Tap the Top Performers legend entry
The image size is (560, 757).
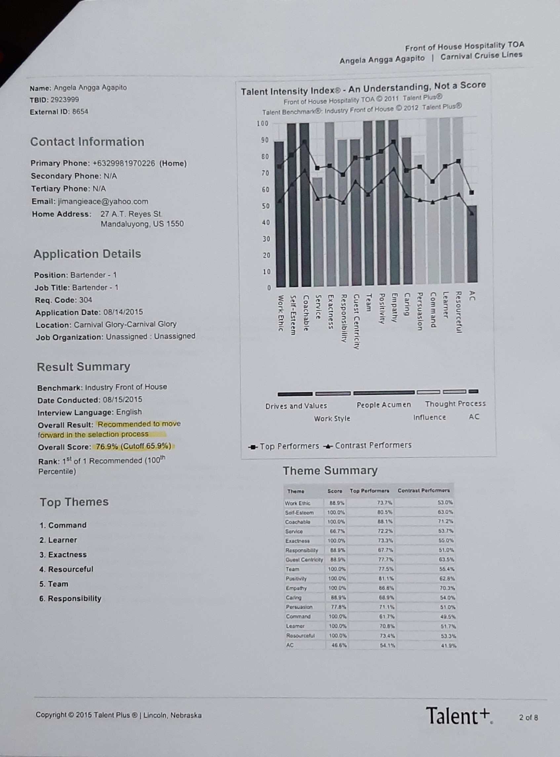284,446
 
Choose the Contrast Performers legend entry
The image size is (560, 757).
368,445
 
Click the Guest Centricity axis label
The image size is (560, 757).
356,321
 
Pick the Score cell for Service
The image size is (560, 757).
335,531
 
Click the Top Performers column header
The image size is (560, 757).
369,491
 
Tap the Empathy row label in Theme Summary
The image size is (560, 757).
296,588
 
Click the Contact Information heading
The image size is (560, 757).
87,142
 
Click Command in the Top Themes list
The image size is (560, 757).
67,525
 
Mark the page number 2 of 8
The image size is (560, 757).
528,717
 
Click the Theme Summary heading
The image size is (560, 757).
330,470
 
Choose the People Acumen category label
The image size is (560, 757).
383,404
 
